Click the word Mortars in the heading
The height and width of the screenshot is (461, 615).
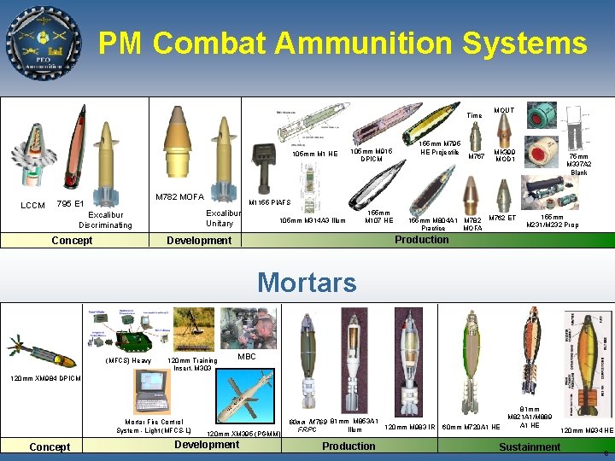point(307,282)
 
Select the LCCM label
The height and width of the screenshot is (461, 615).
point(32,206)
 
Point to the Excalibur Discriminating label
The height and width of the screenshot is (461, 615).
point(106,220)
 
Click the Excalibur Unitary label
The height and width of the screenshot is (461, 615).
point(220,217)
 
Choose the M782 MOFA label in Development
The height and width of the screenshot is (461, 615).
point(179,197)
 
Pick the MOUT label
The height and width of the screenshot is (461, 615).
point(504,111)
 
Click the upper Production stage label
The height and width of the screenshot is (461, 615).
point(421,239)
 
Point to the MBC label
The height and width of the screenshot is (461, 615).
point(247,356)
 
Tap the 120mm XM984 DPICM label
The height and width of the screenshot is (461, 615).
point(45,378)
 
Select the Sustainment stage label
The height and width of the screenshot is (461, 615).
point(530,446)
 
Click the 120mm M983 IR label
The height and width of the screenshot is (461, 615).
point(411,427)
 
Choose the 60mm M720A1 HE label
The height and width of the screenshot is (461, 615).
point(471,427)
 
